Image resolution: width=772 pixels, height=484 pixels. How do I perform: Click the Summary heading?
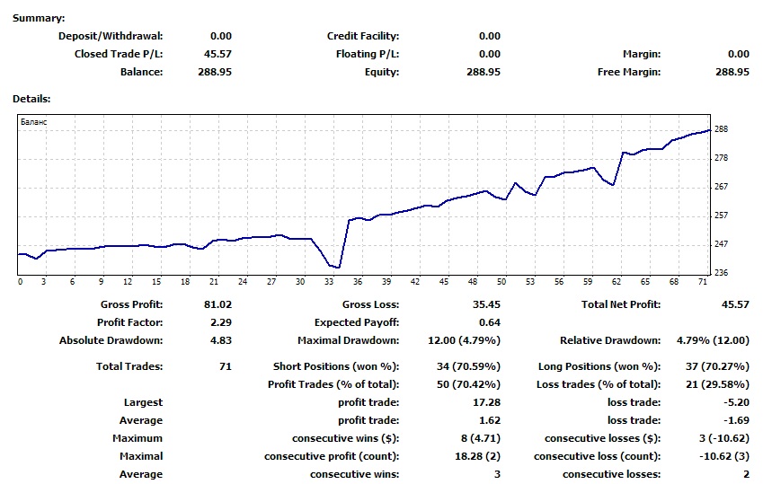(x=39, y=18)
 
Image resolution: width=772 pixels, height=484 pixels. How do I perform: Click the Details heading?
(x=31, y=99)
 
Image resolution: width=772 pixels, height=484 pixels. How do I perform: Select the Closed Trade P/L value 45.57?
(x=217, y=54)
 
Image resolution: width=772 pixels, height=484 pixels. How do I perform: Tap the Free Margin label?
(x=629, y=72)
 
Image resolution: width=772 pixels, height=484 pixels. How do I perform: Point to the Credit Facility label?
(x=363, y=37)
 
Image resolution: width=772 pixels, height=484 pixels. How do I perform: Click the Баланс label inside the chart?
(x=33, y=122)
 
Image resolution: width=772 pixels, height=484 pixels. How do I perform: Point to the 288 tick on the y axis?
(x=721, y=129)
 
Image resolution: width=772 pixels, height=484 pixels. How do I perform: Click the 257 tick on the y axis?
(x=721, y=216)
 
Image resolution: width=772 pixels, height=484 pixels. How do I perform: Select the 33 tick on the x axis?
(x=329, y=282)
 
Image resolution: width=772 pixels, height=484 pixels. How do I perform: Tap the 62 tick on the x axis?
(x=617, y=282)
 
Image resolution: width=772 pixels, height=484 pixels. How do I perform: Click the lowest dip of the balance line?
(x=338, y=267)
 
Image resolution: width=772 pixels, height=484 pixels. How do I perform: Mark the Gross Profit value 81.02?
(x=217, y=304)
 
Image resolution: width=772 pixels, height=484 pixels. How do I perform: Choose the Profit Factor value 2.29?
(x=221, y=322)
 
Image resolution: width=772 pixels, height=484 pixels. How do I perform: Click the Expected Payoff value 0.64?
(x=490, y=322)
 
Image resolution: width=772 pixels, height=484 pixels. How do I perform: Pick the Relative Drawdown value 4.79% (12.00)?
(x=713, y=340)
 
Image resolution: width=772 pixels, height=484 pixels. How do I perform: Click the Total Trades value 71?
(x=226, y=366)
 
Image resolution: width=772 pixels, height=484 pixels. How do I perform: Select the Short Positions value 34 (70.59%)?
(x=468, y=366)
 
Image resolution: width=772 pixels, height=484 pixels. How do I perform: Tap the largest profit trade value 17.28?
(x=486, y=402)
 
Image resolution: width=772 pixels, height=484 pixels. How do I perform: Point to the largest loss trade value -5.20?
(x=736, y=402)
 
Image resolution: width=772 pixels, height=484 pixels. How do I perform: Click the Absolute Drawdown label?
(x=111, y=340)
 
